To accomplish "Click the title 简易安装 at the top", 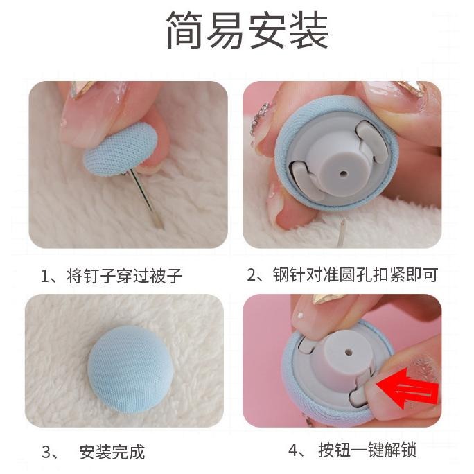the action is click(x=247, y=30).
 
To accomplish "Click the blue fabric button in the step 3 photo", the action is click(x=130, y=369).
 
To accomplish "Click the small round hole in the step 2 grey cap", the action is click(x=344, y=174).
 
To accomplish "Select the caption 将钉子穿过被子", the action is click(x=124, y=276).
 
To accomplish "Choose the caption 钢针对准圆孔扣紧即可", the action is click(x=355, y=274).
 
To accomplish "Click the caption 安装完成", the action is click(x=112, y=452).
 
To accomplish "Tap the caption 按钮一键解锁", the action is click(x=367, y=450).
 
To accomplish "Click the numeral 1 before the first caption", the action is click(x=45, y=276).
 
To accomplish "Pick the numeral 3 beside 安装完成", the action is click(x=47, y=453).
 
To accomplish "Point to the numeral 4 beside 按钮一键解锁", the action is click(x=294, y=450).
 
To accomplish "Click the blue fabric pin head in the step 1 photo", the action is click(x=121, y=149).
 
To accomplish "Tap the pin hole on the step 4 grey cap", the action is click(x=349, y=352).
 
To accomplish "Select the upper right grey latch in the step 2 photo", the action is click(x=371, y=140).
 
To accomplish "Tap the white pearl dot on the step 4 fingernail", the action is click(x=300, y=315).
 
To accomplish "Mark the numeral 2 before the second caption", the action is click(x=252, y=275).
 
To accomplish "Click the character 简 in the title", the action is click(x=184, y=30).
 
